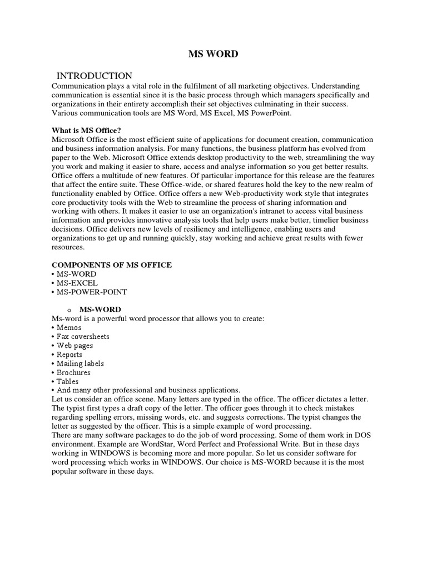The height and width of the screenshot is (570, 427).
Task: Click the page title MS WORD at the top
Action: [x=213, y=54]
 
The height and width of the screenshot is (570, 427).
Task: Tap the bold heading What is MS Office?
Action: [x=86, y=130]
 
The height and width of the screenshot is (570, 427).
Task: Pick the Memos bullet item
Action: [x=68, y=327]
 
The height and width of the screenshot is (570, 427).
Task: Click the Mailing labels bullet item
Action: [x=80, y=363]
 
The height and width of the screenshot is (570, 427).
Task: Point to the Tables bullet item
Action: [x=69, y=381]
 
